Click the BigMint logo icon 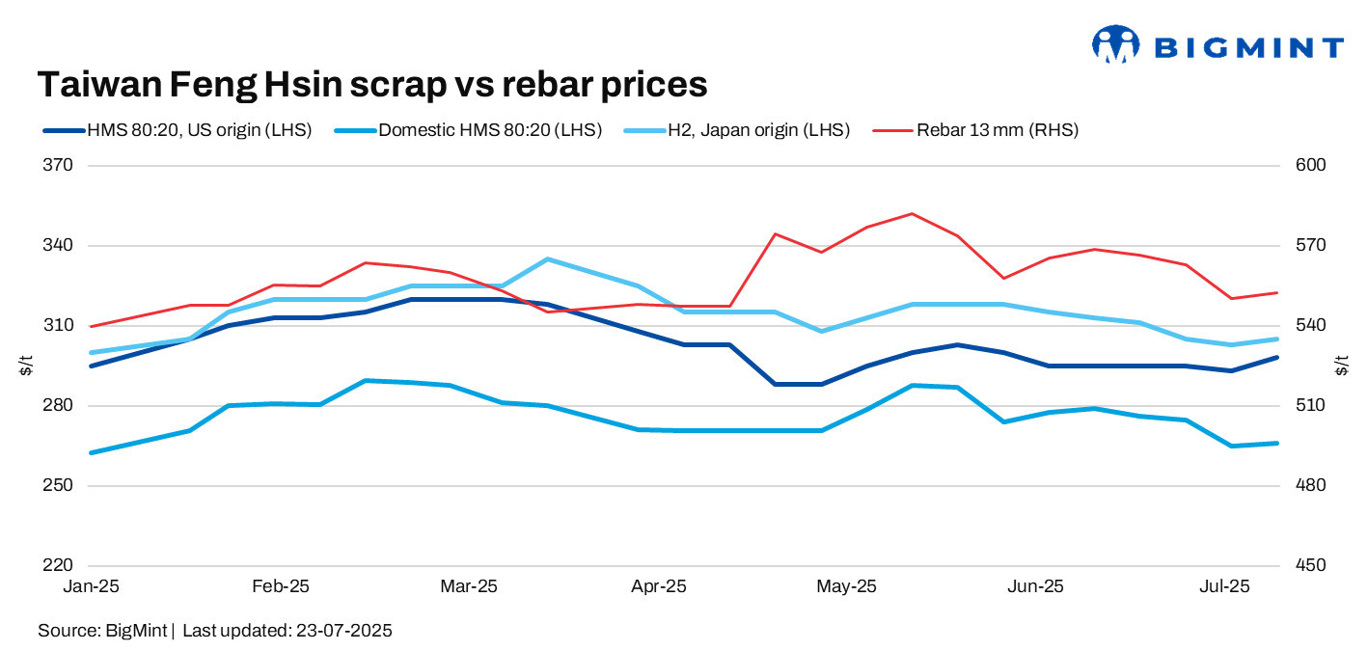click(1116, 44)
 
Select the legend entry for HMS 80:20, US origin click(178, 130)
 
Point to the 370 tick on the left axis click(60, 166)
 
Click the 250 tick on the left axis click(60, 486)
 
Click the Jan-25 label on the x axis click(90, 586)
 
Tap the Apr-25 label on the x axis click(659, 586)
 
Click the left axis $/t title click(26, 366)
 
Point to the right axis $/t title click(1341, 366)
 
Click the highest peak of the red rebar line click(912, 214)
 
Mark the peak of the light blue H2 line click(547, 259)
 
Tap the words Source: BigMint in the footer click(103, 631)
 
